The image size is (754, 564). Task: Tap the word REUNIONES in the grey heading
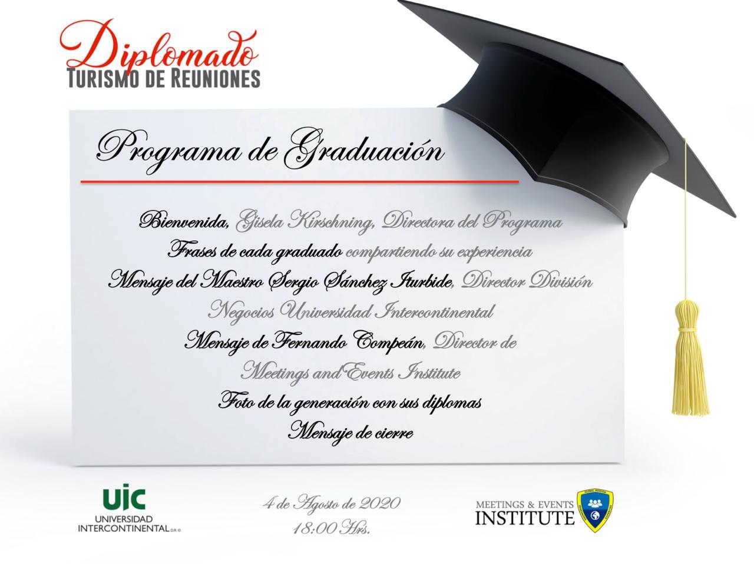tap(215, 79)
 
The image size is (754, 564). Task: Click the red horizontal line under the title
tap(300, 182)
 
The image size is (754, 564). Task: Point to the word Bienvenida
tap(184, 222)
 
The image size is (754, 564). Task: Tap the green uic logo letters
tap(124, 497)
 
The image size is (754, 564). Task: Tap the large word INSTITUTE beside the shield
tap(525, 517)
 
